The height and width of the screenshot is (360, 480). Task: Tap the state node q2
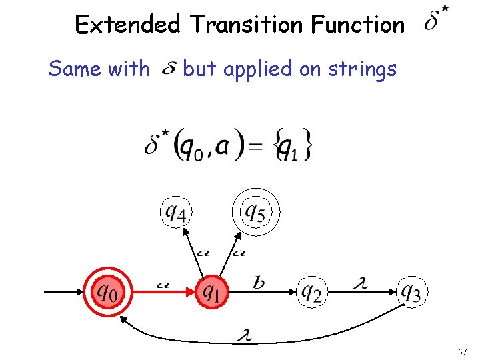click(313, 291)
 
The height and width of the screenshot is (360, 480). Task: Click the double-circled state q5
click(255, 213)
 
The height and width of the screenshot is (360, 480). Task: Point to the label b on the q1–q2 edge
click(259, 283)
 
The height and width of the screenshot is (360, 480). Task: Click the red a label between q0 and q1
click(162, 284)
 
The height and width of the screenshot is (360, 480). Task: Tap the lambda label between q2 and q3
click(361, 283)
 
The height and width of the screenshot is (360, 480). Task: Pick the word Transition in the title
click(246, 25)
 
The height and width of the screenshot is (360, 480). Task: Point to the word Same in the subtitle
click(73, 69)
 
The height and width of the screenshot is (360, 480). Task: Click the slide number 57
click(464, 351)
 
